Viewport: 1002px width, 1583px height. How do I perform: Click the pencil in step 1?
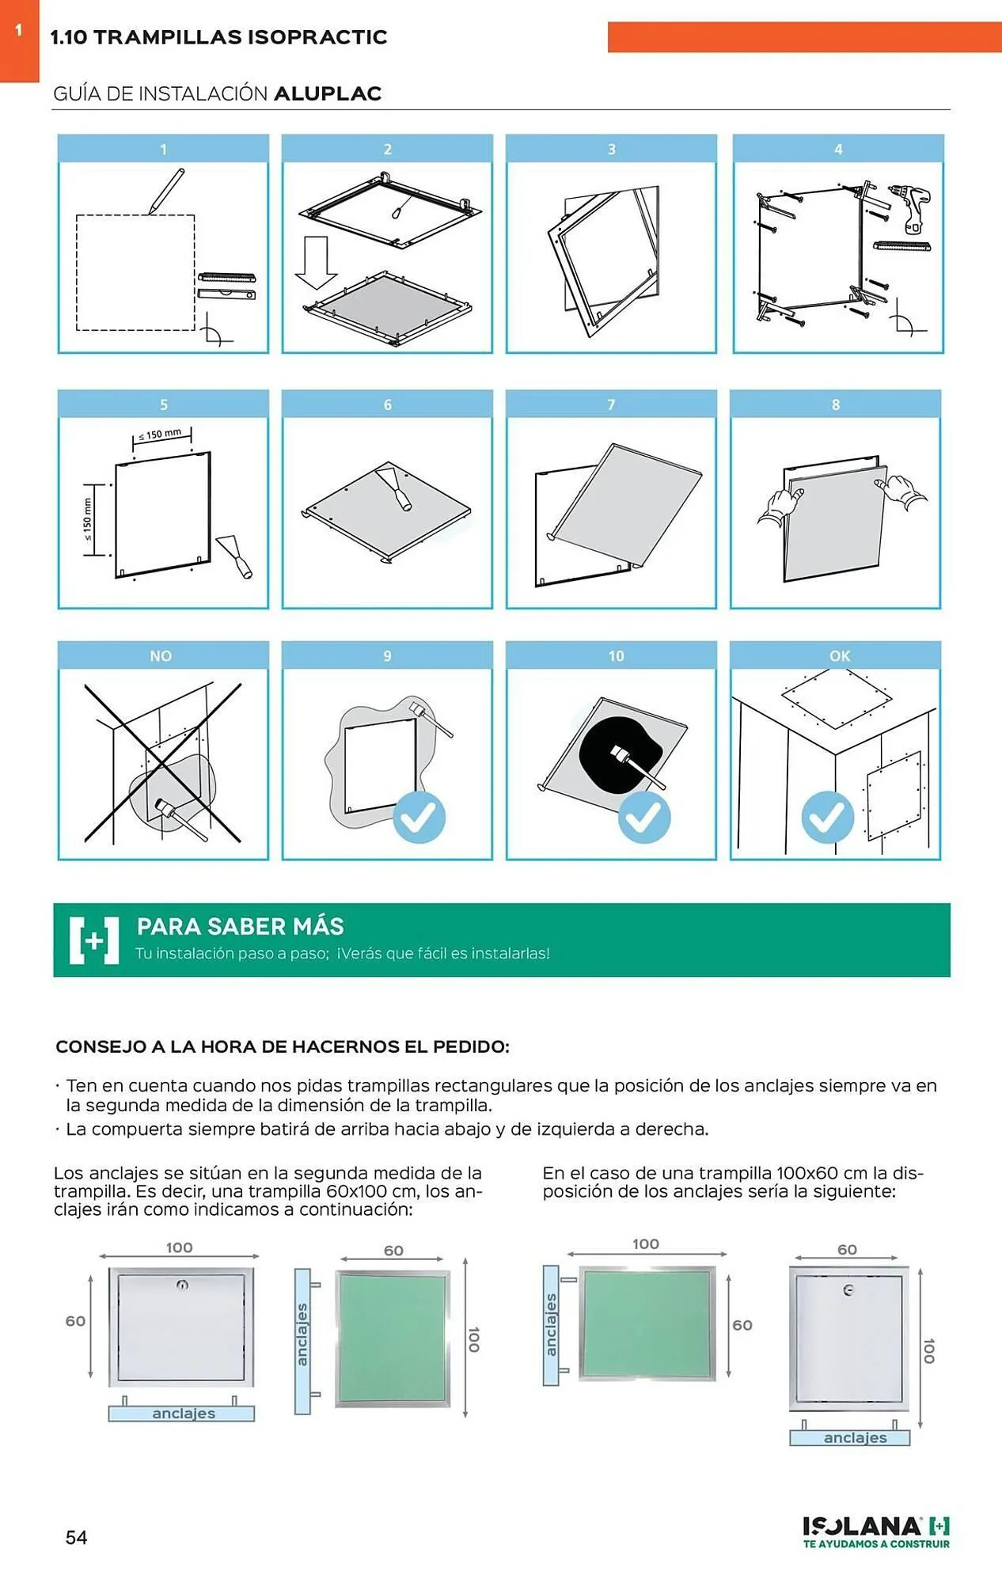(x=167, y=191)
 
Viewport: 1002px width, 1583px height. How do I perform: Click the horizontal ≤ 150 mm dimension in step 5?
(x=161, y=435)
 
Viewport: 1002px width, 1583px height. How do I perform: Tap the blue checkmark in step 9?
(x=419, y=817)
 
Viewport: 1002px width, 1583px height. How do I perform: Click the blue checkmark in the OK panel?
(x=827, y=817)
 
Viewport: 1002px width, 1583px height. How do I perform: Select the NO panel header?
(x=161, y=655)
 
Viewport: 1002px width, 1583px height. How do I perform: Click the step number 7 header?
(x=611, y=404)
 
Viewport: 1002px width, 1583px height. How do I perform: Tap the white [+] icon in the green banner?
(x=94, y=940)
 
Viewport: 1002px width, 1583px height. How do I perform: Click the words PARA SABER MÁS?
(x=240, y=926)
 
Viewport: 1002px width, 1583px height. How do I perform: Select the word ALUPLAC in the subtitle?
(x=328, y=93)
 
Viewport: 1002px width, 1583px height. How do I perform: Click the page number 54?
(x=76, y=1537)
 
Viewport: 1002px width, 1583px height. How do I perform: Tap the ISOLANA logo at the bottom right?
(x=875, y=1531)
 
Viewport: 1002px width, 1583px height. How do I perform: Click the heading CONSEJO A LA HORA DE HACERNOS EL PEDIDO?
(x=283, y=1046)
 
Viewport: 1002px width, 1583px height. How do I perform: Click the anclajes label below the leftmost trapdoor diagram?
(x=183, y=1414)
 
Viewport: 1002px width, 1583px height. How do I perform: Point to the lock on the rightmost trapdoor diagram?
(x=848, y=1290)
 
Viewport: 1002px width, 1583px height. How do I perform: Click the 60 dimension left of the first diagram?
(x=75, y=1321)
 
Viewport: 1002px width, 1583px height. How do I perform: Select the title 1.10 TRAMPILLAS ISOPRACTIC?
(x=218, y=37)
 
